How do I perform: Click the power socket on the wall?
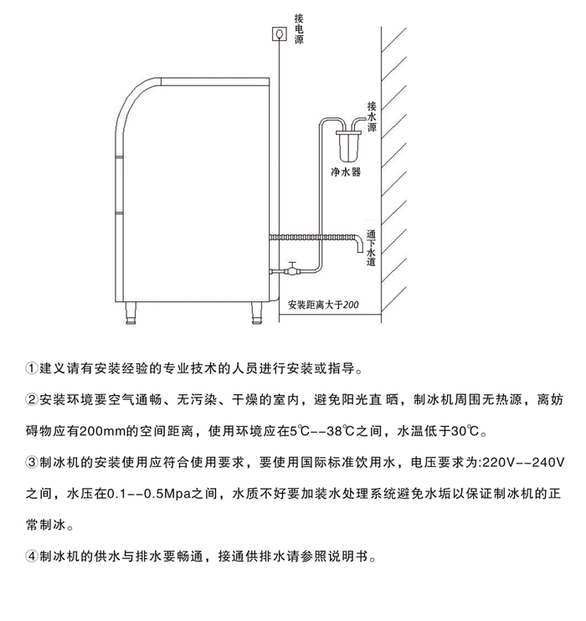279,33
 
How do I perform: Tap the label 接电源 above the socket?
300,28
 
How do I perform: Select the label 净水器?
346,172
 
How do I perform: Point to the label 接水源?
372,117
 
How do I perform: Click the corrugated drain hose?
314,239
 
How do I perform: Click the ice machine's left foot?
131,314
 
